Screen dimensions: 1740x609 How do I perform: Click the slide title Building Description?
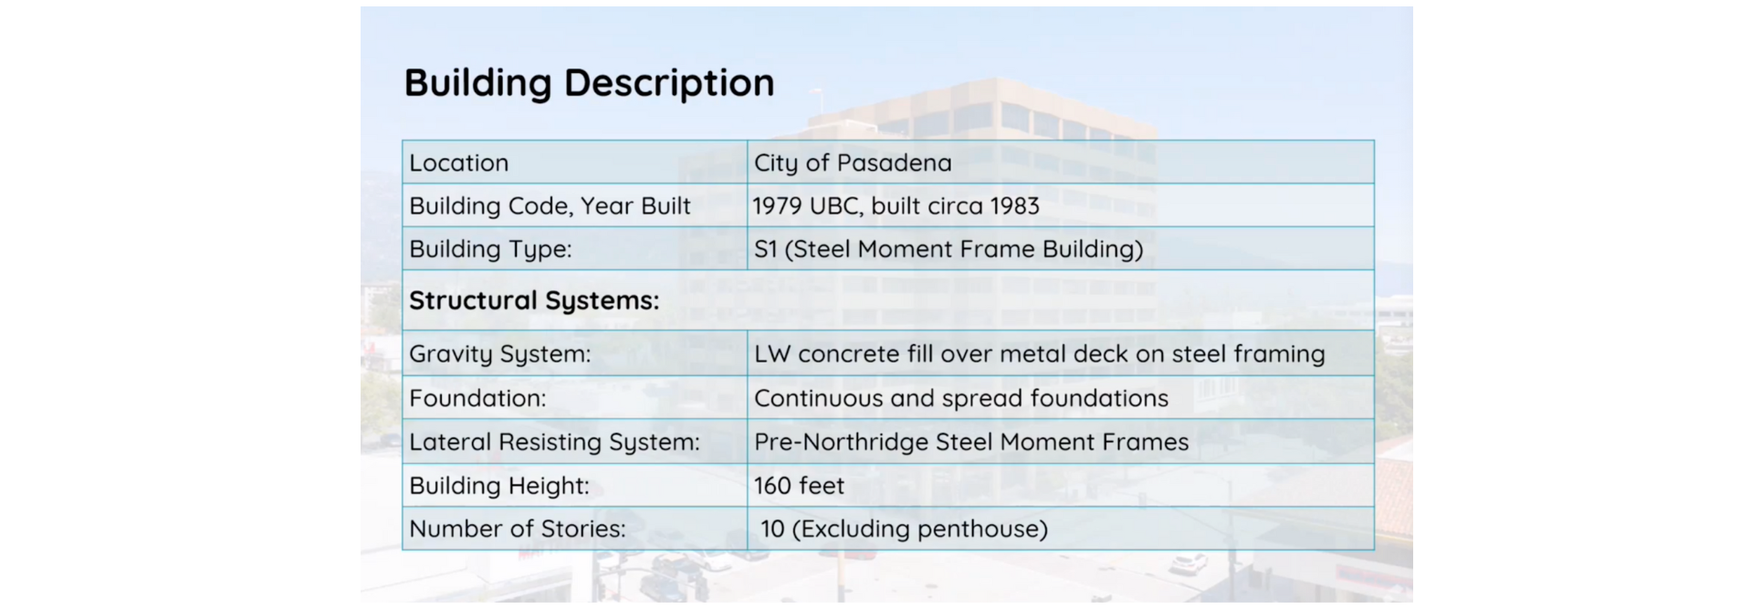[x=589, y=83]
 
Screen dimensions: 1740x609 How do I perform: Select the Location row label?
[x=458, y=163]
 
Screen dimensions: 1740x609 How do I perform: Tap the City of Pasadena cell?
[x=853, y=163]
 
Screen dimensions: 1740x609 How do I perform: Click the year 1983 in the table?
[x=1014, y=206]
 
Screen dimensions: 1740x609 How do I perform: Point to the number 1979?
[x=777, y=206]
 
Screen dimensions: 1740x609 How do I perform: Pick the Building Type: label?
[x=490, y=249]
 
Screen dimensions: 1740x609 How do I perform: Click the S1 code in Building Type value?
[x=765, y=249]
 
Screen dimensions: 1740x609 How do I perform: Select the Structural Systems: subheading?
[x=534, y=300]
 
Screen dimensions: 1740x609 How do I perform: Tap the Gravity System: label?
[x=499, y=354]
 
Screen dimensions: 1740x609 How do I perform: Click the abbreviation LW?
[x=772, y=354]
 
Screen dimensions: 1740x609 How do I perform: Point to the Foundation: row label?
[x=477, y=398]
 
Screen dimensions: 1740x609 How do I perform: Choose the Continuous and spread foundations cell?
[x=961, y=398]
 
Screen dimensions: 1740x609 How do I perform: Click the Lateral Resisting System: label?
[x=554, y=442]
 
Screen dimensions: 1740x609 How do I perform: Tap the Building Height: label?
[x=498, y=486]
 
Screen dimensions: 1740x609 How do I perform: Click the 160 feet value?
[x=799, y=486]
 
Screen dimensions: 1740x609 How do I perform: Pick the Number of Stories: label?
[x=517, y=529]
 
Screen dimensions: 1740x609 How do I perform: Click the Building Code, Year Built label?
[x=550, y=206]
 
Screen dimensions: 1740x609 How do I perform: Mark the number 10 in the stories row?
[x=772, y=529]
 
